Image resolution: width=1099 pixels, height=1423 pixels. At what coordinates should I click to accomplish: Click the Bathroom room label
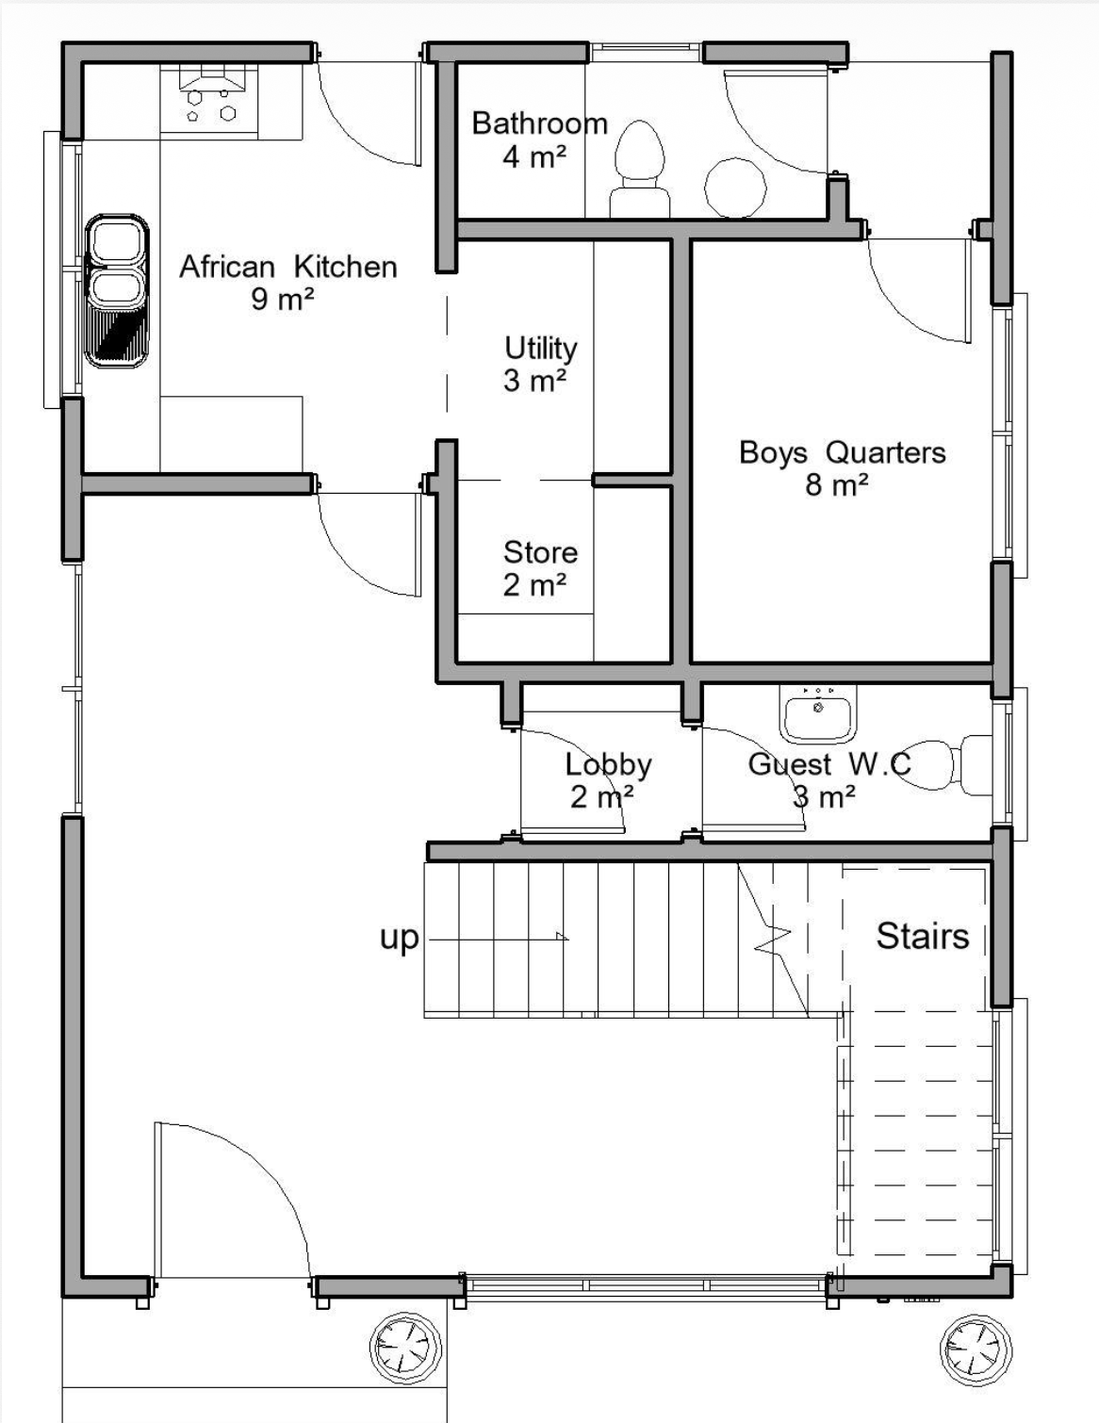539,123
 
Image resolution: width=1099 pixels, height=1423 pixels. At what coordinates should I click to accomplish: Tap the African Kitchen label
288,267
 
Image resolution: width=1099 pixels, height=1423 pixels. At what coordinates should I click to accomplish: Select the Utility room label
540,349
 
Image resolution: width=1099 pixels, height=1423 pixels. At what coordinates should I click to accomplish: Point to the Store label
540,552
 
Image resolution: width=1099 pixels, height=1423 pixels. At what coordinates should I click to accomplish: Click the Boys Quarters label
843,452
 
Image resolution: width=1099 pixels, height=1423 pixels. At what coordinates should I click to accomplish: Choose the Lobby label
608,765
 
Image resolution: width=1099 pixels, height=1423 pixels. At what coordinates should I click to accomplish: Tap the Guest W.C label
829,764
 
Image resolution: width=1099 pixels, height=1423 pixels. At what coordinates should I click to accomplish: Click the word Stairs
922,936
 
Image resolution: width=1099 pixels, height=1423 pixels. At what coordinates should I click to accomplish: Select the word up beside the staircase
399,939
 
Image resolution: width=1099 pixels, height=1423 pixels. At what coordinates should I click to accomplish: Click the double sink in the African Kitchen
117,290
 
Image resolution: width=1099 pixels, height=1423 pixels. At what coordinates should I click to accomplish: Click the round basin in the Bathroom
735,187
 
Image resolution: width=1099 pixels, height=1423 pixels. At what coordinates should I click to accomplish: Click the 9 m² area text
282,300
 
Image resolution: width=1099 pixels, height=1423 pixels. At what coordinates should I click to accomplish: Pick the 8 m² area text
836,485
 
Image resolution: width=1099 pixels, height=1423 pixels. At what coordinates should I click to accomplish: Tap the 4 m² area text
533,156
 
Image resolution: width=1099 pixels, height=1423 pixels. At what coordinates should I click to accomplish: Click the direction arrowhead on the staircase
562,936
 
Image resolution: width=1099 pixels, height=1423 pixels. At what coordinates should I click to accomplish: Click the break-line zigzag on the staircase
774,938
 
